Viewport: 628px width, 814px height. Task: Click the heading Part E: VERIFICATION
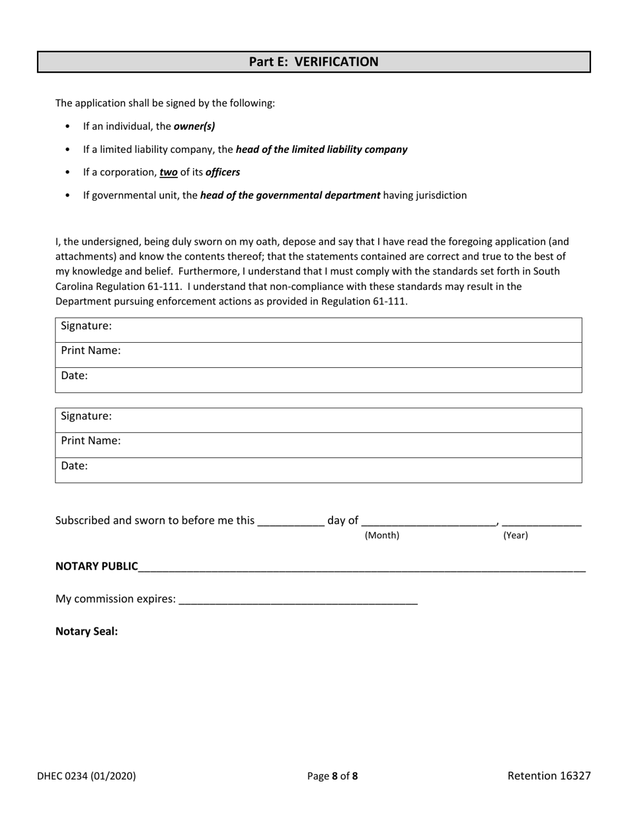[313, 62]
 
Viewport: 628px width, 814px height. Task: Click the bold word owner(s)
[194, 126]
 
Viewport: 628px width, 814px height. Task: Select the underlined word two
[169, 172]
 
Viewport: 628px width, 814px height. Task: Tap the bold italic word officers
[223, 172]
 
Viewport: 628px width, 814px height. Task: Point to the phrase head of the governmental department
[290, 195]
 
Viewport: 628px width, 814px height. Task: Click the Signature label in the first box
[86, 326]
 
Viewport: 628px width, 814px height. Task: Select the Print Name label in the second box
[91, 441]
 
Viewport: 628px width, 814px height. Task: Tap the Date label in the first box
[74, 376]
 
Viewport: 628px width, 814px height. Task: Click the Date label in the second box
[74, 466]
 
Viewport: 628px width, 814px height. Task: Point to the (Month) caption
[382, 535]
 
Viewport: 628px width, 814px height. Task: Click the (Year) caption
[516, 535]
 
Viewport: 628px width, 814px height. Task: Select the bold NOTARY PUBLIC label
[97, 566]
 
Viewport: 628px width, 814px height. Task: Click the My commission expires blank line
[298, 600]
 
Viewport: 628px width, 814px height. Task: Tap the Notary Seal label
[87, 631]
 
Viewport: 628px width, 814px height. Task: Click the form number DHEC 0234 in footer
[87, 776]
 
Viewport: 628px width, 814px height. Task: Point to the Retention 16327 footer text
[549, 776]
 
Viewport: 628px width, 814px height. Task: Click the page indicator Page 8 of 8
[333, 776]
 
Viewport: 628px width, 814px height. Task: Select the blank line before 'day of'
[291, 521]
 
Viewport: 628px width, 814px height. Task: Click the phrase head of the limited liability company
[321, 150]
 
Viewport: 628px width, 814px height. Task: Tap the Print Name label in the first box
[91, 351]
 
